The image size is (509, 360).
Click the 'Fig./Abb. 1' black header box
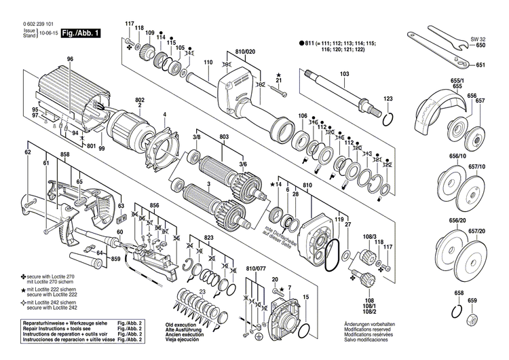click(x=80, y=32)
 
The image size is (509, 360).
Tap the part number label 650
click(x=480, y=46)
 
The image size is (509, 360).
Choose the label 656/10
click(x=458, y=156)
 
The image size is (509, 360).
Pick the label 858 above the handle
click(x=64, y=156)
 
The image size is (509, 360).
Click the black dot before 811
click(x=301, y=43)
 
